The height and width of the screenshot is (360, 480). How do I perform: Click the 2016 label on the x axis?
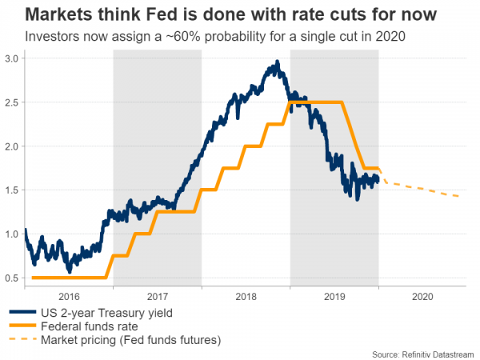[69, 295]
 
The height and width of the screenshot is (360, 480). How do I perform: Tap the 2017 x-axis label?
[158, 295]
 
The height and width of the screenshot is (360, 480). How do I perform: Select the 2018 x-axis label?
[246, 295]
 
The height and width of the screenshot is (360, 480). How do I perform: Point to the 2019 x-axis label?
[334, 295]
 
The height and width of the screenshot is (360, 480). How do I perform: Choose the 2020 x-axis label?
[422, 295]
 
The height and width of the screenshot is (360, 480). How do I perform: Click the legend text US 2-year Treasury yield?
[104, 312]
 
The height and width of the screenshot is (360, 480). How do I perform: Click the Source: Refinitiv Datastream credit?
[424, 353]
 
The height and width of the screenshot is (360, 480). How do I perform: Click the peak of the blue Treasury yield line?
[277, 62]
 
